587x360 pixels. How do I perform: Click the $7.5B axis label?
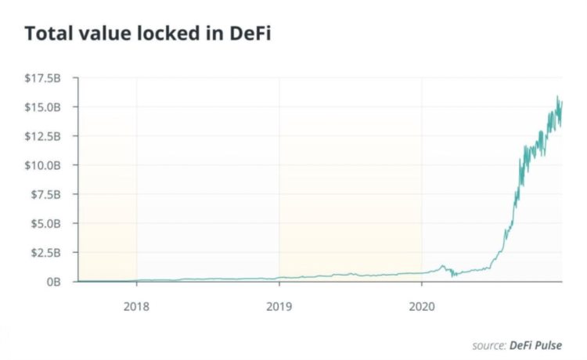click(x=47, y=194)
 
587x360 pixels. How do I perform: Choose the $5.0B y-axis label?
click(x=47, y=223)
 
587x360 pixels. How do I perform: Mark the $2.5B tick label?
click(x=47, y=252)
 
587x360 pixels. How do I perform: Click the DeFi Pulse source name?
click(x=537, y=344)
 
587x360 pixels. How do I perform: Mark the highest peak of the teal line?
click(x=558, y=97)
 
